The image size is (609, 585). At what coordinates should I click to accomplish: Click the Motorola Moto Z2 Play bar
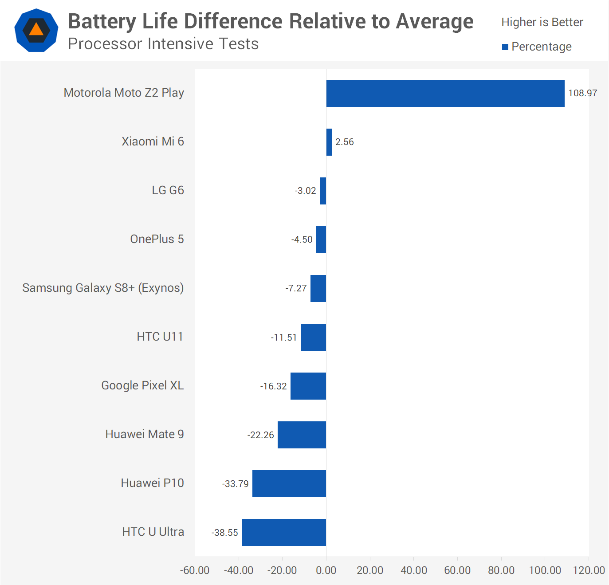(x=445, y=93)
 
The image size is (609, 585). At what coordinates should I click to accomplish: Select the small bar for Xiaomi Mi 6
(x=329, y=142)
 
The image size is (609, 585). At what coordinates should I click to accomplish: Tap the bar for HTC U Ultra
(x=284, y=532)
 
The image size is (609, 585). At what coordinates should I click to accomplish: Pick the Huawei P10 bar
(x=289, y=483)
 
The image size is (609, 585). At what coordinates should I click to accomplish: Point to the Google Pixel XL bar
(x=308, y=386)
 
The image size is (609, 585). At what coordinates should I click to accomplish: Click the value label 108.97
(x=583, y=93)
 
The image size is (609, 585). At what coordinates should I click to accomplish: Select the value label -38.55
(x=225, y=532)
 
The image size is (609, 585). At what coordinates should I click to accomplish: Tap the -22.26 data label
(x=261, y=435)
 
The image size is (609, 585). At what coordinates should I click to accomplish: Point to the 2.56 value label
(x=345, y=142)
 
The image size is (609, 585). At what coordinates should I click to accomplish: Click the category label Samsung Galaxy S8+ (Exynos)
(x=103, y=288)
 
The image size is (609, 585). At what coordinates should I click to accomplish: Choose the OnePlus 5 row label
(x=157, y=239)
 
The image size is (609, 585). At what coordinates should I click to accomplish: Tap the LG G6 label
(x=168, y=190)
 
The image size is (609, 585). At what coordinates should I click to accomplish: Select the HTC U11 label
(x=160, y=337)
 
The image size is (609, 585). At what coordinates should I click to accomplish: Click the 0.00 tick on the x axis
(x=326, y=570)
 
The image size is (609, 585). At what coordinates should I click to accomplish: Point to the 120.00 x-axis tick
(x=589, y=570)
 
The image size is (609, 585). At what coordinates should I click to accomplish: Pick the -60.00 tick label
(x=195, y=570)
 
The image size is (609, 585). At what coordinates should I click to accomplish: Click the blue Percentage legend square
(x=505, y=47)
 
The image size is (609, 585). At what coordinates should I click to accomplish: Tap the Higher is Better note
(x=542, y=22)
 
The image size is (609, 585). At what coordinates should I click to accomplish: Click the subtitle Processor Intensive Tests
(x=163, y=44)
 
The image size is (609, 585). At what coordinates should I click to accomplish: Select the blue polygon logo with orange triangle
(x=36, y=30)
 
